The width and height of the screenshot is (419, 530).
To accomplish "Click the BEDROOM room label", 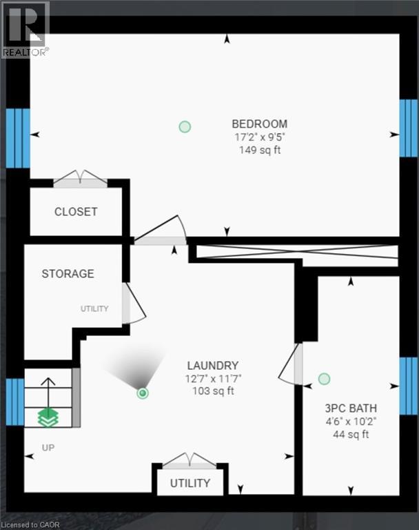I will [259, 124].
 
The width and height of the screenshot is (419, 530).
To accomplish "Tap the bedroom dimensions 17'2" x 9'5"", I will [259, 137].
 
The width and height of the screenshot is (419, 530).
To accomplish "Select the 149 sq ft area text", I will [259, 150].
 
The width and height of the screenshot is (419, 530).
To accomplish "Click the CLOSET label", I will [76, 212].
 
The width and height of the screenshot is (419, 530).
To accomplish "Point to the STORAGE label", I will [68, 274].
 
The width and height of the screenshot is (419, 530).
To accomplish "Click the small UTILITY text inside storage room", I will [94, 308].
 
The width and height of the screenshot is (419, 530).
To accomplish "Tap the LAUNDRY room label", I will [213, 366].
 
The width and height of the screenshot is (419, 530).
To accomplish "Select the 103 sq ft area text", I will [213, 391].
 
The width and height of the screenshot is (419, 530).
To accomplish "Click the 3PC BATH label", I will [351, 408].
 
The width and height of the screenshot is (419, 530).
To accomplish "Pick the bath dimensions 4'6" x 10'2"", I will [351, 421].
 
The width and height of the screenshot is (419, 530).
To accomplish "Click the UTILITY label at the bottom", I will [190, 483].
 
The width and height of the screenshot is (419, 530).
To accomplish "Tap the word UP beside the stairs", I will [48, 447].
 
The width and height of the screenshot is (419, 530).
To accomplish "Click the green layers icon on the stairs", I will [48, 416].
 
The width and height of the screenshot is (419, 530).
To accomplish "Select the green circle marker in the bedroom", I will [185, 126].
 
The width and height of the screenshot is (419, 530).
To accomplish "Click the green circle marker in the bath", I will [324, 379].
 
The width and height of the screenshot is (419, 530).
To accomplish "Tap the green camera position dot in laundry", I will [143, 393].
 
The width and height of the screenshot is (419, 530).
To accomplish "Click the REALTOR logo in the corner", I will [25, 29].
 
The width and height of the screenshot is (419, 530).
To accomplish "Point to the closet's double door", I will [81, 179].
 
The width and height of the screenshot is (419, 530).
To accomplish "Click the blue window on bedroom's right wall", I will [408, 128].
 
